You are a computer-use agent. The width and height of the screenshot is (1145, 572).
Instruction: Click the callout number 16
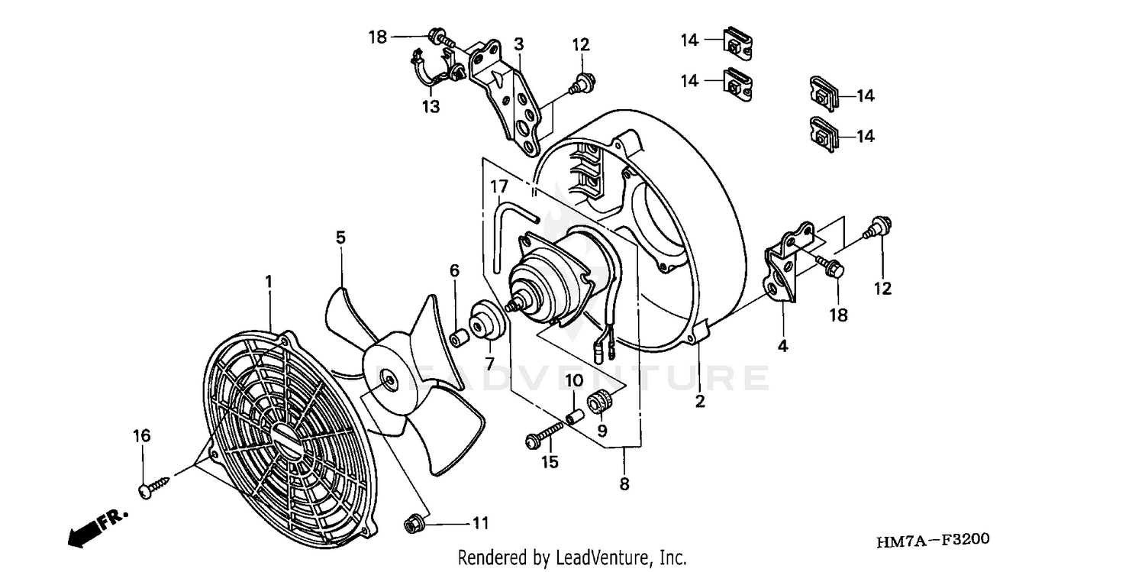(x=142, y=435)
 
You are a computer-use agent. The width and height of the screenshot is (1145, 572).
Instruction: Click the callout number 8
(x=624, y=483)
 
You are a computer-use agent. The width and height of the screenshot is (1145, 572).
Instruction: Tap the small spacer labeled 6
(x=460, y=337)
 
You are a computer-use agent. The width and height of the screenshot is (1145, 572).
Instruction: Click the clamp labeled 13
(x=431, y=69)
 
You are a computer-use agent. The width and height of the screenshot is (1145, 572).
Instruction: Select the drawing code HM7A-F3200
(x=933, y=541)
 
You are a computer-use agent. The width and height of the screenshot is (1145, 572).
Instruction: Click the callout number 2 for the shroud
(x=700, y=401)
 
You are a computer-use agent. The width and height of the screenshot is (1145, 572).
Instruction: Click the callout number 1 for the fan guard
(x=269, y=282)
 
